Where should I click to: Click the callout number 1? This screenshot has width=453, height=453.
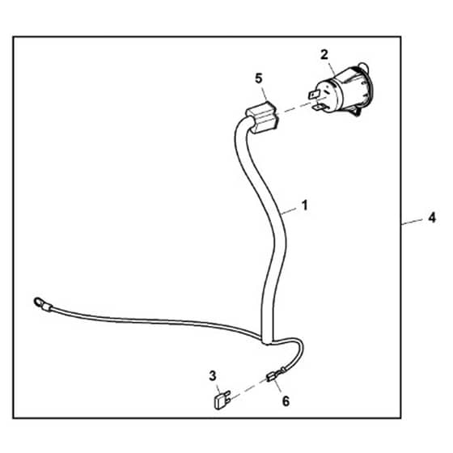tap(304, 205)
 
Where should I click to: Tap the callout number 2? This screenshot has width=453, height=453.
tap(324, 55)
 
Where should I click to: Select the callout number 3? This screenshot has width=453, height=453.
tap(212, 376)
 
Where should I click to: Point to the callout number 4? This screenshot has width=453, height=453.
tap(432, 218)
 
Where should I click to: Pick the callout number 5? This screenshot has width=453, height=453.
tap(259, 78)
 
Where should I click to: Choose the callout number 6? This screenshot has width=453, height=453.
tap(286, 401)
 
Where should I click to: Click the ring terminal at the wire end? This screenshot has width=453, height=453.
tap(39, 303)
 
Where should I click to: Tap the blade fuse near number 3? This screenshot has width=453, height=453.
tap(222, 400)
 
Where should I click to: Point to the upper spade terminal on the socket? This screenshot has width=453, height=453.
tap(315, 94)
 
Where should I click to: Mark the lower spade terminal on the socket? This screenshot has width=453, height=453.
tap(320, 108)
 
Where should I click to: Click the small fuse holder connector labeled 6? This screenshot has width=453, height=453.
tap(271, 376)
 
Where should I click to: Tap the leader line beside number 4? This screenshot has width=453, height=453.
tap(413, 222)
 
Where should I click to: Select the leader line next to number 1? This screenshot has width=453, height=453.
tap(290, 210)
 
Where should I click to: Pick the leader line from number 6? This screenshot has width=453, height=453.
tap(278, 387)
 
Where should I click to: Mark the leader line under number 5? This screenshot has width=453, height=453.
tap(265, 94)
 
